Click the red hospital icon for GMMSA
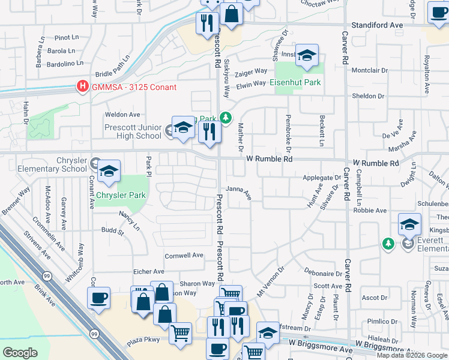click(82, 87)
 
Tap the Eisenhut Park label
click(295, 83)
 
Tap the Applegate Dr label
click(321, 178)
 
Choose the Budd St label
click(112, 230)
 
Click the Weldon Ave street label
click(122, 115)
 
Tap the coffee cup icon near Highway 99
click(98, 298)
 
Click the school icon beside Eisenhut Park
click(307, 56)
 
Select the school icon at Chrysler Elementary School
click(109, 172)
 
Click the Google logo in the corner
click(20, 353)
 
